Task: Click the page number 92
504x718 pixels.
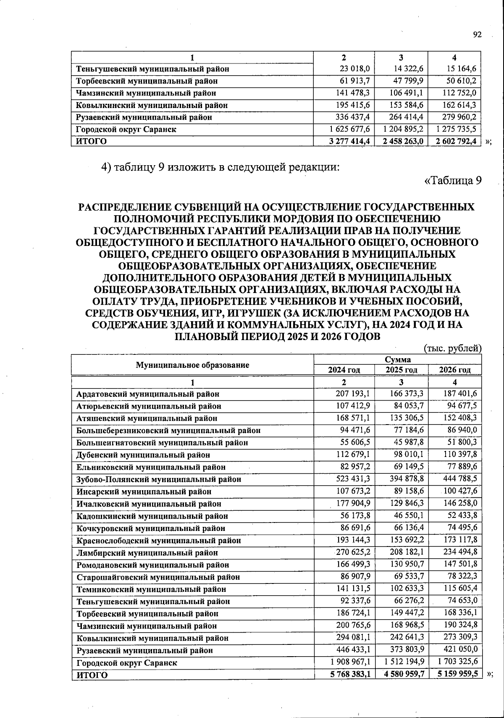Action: click(477, 35)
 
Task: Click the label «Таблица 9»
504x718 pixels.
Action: click(453, 181)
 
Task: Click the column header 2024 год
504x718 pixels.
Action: click(344, 370)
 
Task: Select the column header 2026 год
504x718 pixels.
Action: click(455, 370)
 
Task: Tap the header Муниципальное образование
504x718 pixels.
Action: click(192, 365)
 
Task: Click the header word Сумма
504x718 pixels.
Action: click(397, 359)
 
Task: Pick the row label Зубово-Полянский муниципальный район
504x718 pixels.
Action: click(159, 479)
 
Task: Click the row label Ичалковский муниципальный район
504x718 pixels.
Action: click(149, 504)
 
